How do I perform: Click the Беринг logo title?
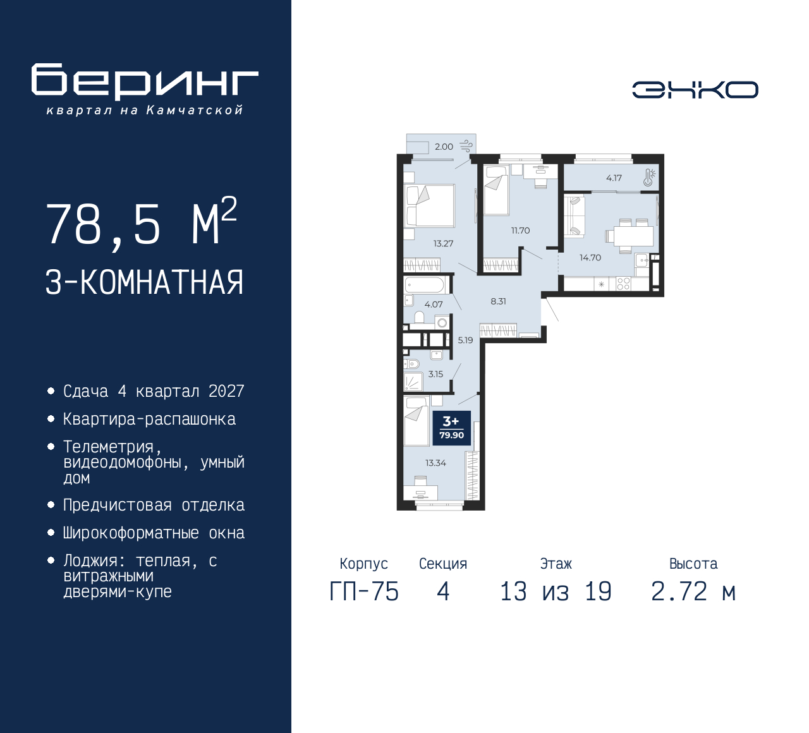click(x=145, y=82)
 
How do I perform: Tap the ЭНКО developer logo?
click(x=695, y=90)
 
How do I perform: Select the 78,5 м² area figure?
click(x=141, y=223)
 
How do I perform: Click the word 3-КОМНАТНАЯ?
click(x=144, y=282)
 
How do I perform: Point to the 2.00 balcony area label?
click(x=444, y=147)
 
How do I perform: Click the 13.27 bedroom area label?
click(x=443, y=243)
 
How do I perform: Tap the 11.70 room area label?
click(x=520, y=231)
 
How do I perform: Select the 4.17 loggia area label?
click(x=614, y=178)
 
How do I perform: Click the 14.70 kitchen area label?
click(x=590, y=258)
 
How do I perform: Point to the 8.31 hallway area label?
click(x=498, y=301)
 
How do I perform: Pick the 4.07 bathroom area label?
click(x=434, y=305)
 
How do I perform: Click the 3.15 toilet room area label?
click(x=435, y=374)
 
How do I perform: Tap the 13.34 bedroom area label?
click(x=435, y=463)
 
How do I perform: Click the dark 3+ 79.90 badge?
click(x=452, y=428)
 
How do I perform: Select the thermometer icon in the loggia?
click(x=649, y=178)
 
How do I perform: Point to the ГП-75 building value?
click(x=364, y=592)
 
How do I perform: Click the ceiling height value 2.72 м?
click(x=693, y=592)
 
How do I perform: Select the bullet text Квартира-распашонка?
click(x=149, y=420)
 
